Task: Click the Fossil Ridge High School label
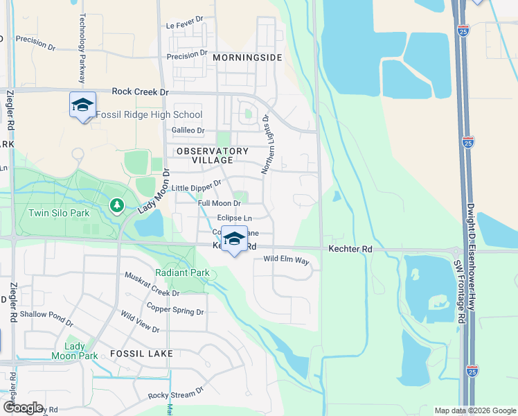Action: pyautogui.click(x=149, y=115)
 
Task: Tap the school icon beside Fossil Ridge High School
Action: pyautogui.click(x=82, y=105)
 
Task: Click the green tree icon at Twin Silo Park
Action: pyautogui.click(x=117, y=205)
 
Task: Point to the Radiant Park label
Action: pyautogui.click(x=182, y=272)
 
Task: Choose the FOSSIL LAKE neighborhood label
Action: pyautogui.click(x=141, y=353)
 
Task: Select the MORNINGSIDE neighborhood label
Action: pyautogui.click(x=247, y=58)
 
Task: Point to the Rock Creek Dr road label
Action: pyautogui.click(x=141, y=92)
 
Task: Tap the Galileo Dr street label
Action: pyautogui.click(x=188, y=130)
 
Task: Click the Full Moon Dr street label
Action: pyautogui.click(x=219, y=203)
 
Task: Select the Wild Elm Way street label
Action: pyautogui.click(x=286, y=260)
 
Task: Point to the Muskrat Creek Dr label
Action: pyautogui.click(x=152, y=284)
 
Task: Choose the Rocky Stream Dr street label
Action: pyautogui.click(x=176, y=395)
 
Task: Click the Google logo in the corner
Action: pyautogui.click(x=23, y=408)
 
